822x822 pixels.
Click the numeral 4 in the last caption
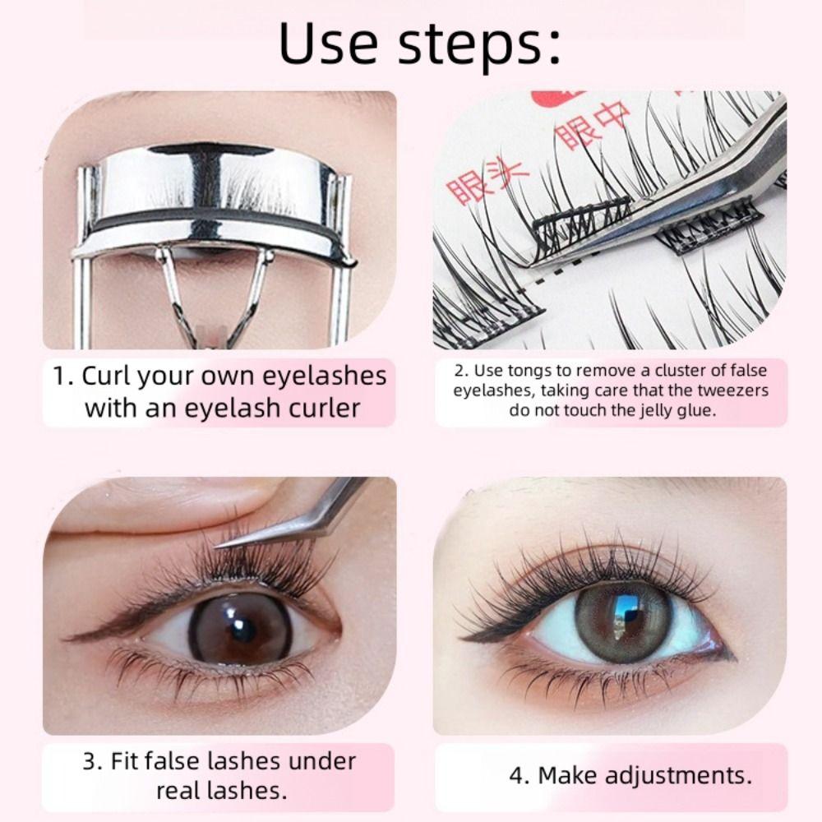click(517, 775)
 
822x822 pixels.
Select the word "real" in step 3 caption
click(182, 792)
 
